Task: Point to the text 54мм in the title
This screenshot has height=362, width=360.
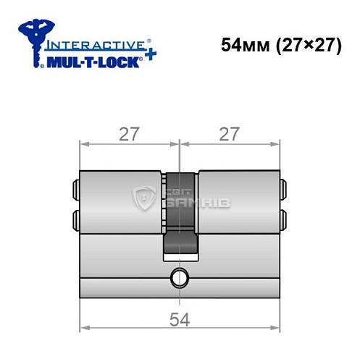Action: tap(243, 45)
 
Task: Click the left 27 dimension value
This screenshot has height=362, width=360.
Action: tap(130, 134)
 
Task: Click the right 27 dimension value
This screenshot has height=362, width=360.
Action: tap(230, 134)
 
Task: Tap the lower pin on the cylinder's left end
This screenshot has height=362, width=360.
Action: tap(76, 218)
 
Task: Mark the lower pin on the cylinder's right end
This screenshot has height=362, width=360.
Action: tap(283, 218)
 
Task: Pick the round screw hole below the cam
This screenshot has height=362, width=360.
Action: tap(179, 276)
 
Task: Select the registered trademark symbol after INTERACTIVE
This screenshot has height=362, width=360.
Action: tap(149, 41)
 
